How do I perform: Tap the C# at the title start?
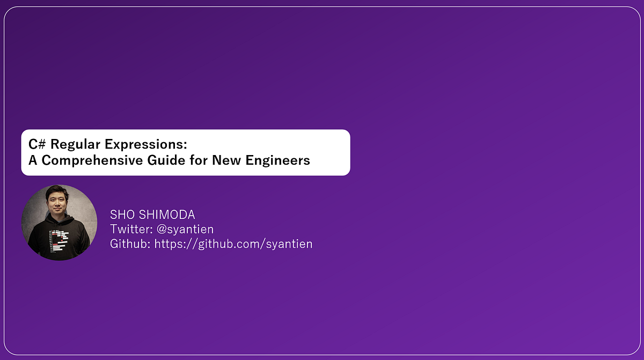pos(36,145)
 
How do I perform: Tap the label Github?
pos(130,244)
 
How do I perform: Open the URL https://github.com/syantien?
pos(233,244)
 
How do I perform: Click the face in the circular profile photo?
pos(58,203)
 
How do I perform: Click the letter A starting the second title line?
pos(32,160)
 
